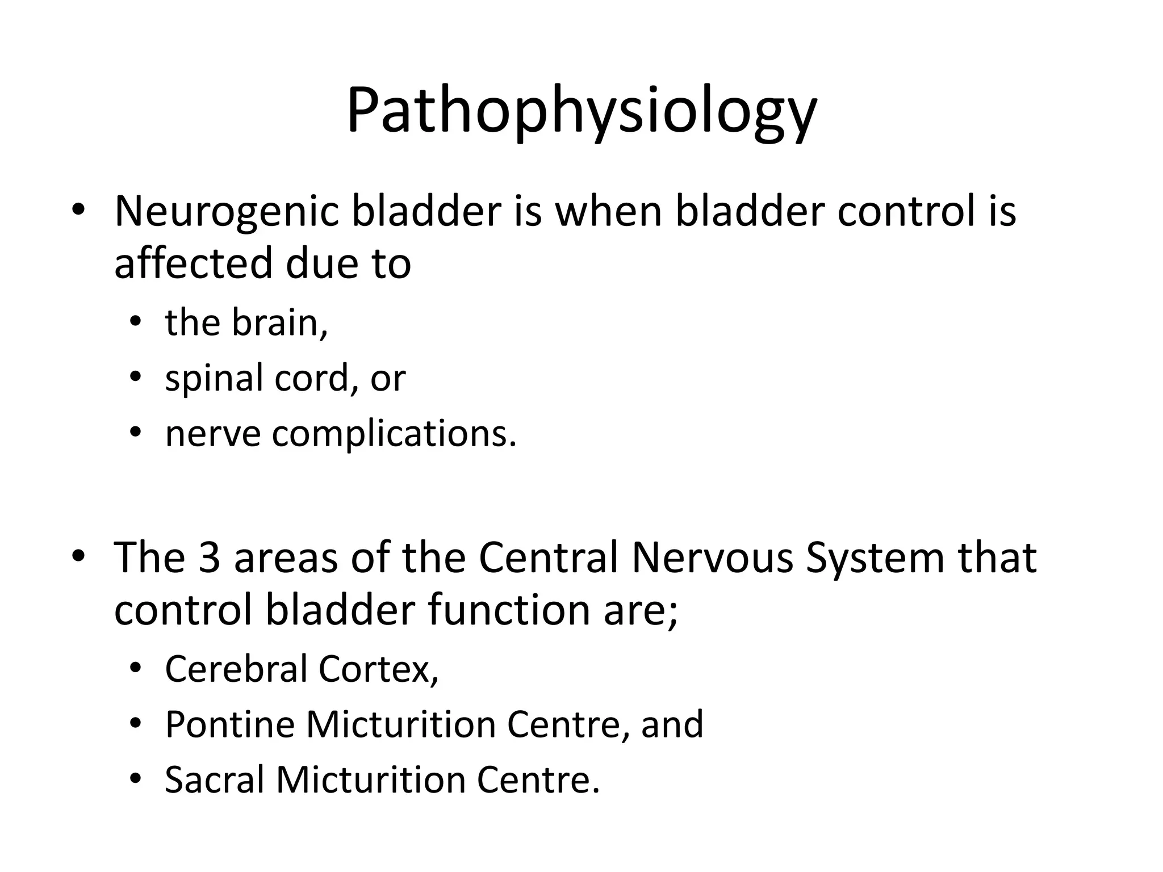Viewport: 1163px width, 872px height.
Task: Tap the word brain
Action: coord(278,322)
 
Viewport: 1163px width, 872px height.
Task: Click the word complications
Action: coord(394,434)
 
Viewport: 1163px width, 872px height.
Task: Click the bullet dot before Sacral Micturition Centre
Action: coord(135,779)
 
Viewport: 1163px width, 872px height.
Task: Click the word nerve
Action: coord(212,434)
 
